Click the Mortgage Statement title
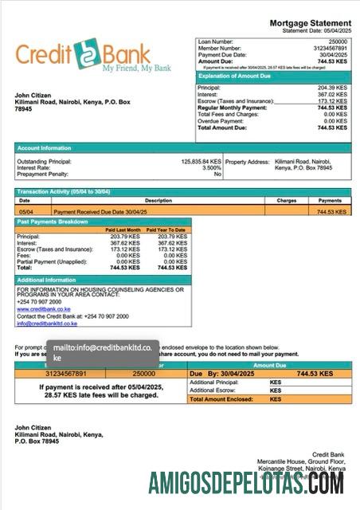point(310,23)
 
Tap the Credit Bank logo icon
point(84,55)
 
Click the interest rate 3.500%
point(211,167)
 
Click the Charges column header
point(287,201)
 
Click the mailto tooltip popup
point(103,352)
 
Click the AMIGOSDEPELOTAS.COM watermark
point(245,483)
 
